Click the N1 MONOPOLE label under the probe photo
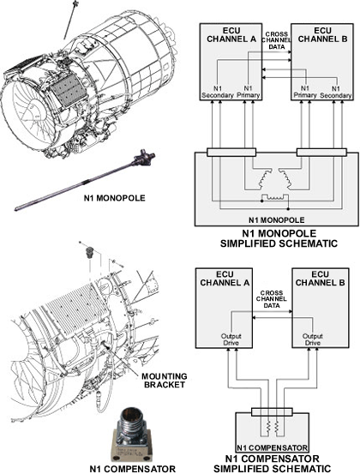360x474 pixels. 114,198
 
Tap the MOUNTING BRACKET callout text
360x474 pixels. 164,381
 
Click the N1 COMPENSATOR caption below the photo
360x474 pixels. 133,469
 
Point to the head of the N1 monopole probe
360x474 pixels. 145,159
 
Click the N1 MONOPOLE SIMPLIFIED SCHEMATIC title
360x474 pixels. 279,238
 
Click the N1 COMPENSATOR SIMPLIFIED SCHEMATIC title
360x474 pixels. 272,464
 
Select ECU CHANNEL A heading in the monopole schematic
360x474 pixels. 231,35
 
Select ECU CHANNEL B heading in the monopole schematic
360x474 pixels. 322,35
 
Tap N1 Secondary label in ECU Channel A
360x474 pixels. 218,92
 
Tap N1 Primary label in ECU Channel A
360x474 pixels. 248,92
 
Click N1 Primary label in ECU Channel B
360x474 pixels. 305,92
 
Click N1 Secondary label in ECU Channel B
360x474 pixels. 335,92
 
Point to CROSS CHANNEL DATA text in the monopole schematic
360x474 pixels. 277,40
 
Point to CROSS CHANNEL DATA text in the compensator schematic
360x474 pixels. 272,299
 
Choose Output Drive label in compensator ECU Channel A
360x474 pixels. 231,339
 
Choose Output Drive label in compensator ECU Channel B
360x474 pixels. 313,339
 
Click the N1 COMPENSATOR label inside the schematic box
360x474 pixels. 272,447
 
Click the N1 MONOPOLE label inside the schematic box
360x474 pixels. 277,219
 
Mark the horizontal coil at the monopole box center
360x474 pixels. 275,196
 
